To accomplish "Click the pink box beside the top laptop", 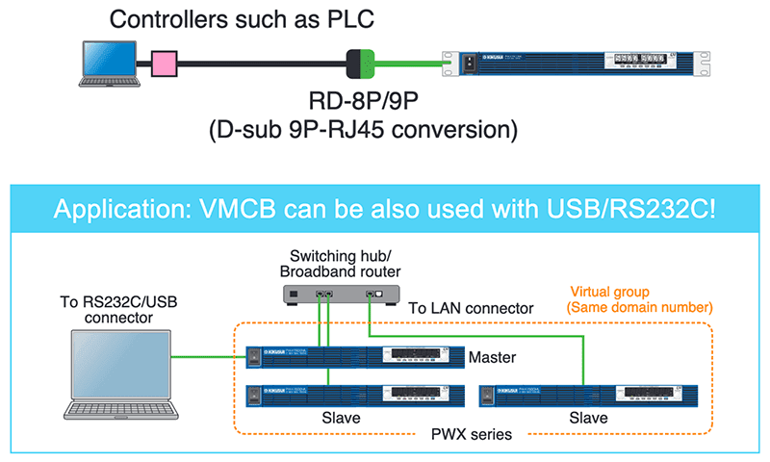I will [x=165, y=64].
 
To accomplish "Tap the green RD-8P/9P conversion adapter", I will [x=360, y=64].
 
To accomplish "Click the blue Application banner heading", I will [x=385, y=208].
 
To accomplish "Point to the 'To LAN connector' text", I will [x=471, y=308].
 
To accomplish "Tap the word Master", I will [x=493, y=358].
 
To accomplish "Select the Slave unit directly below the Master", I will [x=352, y=395].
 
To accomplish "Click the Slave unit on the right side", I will [x=587, y=395].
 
